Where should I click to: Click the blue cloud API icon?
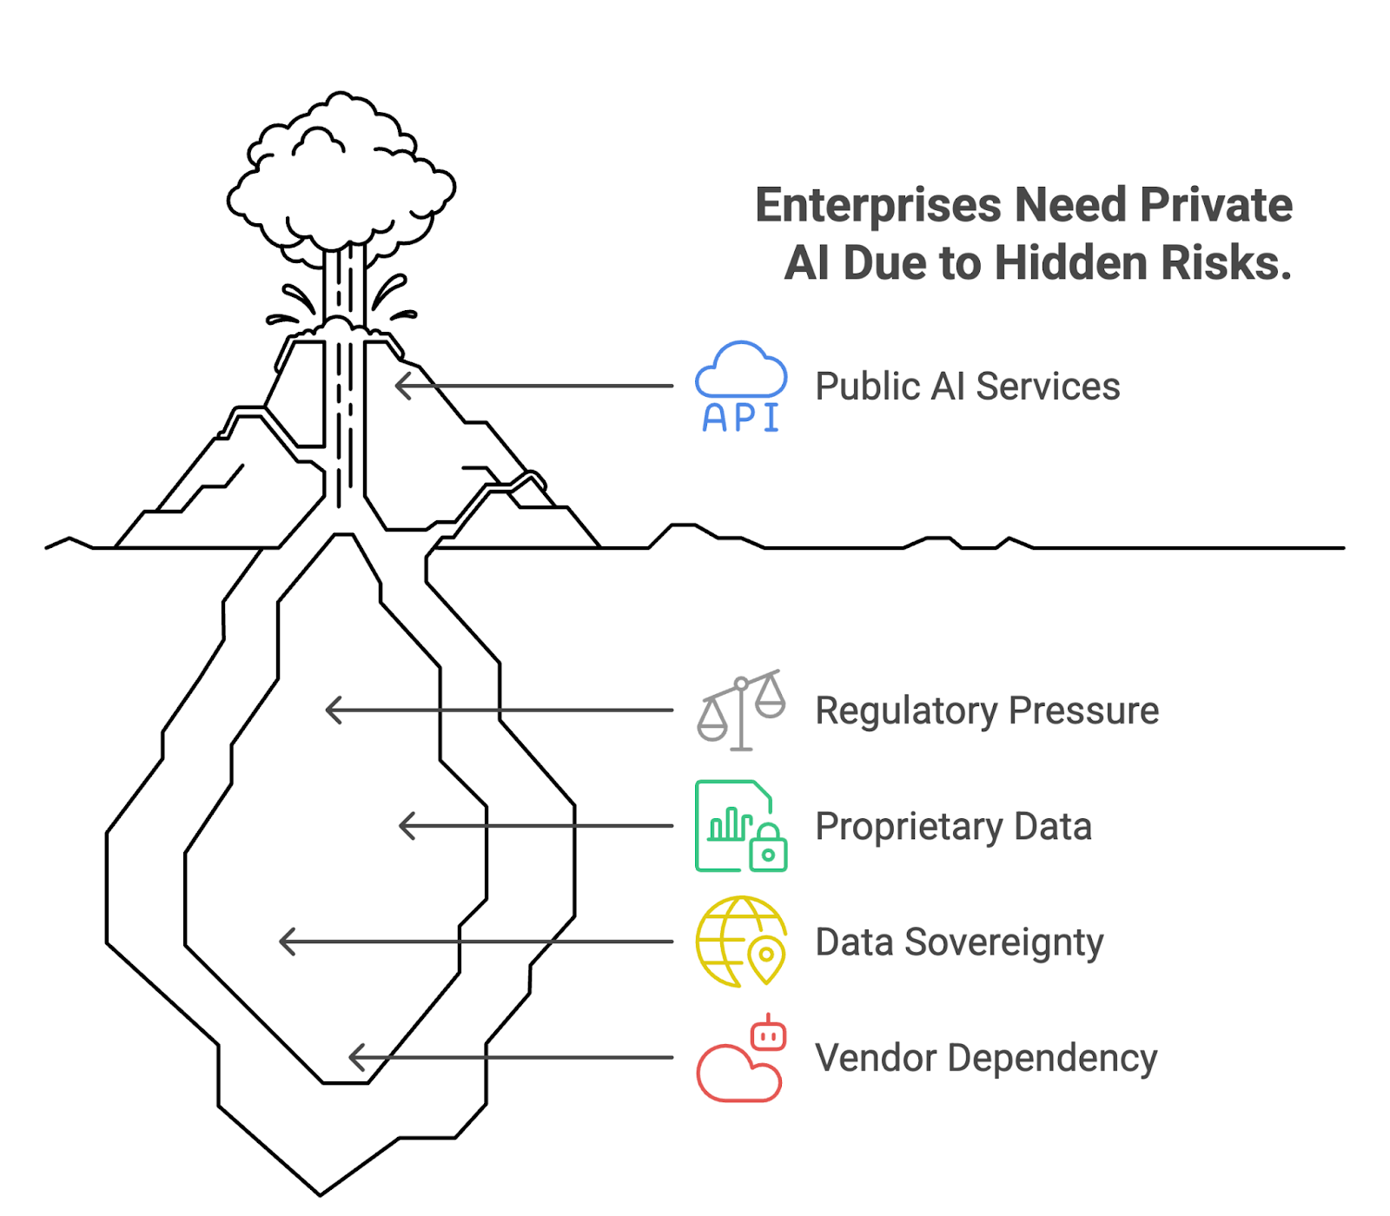pos(741,387)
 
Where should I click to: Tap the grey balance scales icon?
pos(741,710)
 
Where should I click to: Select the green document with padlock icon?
pos(741,826)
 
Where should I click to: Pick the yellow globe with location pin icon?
pos(741,942)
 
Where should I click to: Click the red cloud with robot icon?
pos(741,1060)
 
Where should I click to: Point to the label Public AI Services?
pos(967,387)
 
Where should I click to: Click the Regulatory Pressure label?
pos(987,710)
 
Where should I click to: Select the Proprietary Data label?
pos(953,826)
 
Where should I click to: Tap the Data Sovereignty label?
pos(959,942)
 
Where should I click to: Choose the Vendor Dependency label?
pos(986,1058)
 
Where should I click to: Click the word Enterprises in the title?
pos(877,206)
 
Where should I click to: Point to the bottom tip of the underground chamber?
pos(320,1193)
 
